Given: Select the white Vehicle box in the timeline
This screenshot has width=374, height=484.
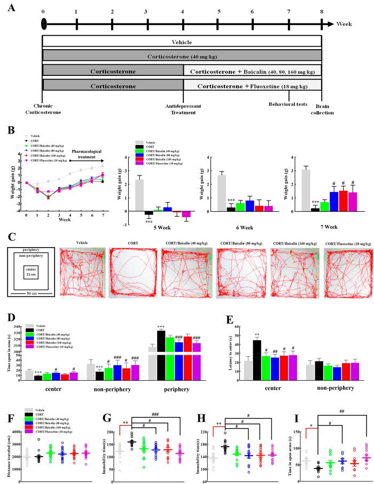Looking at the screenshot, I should click(x=182, y=42).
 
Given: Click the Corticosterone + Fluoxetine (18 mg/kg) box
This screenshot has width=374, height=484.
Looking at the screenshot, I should click(x=252, y=84).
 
